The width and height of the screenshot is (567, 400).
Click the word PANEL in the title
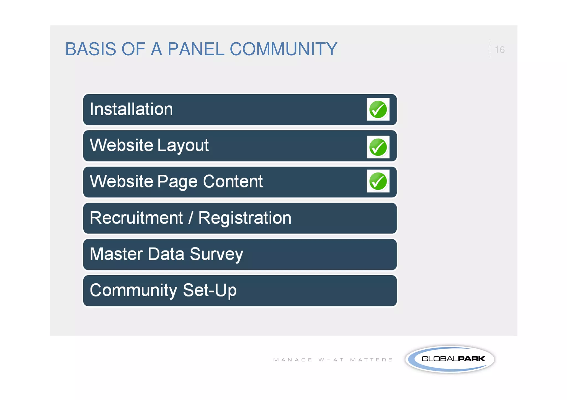[x=196, y=49]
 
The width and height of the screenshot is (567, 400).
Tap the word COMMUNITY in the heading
[x=283, y=49]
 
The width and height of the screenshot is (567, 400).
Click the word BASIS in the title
[x=91, y=49]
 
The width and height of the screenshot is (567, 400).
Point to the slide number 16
[x=499, y=50]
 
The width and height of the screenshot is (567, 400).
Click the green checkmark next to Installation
[x=378, y=109]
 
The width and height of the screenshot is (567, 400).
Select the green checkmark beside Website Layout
[x=378, y=147]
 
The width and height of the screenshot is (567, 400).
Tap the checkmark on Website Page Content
[x=378, y=181]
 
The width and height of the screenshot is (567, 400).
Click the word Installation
[x=131, y=109]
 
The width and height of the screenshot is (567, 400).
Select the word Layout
[x=183, y=146]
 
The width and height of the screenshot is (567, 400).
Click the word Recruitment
[x=136, y=218]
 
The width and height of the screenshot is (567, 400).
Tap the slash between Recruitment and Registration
[x=190, y=218]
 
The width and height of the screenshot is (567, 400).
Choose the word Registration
[x=245, y=218]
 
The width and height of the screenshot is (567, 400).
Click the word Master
[x=116, y=254]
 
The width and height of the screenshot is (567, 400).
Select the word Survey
[x=216, y=255]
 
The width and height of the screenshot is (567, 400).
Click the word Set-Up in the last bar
[x=210, y=290]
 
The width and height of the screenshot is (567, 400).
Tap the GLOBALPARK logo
[x=450, y=359]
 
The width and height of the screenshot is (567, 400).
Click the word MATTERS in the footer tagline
[x=371, y=360]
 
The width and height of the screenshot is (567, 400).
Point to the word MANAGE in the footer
[x=293, y=360]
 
